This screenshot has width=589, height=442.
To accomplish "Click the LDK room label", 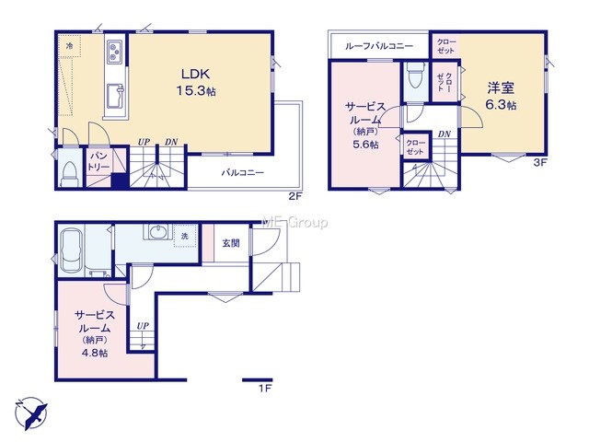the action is point(195,74).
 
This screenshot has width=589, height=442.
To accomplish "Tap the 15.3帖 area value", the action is point(196,91).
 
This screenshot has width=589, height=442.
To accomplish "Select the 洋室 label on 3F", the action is point(501,87).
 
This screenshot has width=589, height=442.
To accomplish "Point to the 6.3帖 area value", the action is point(501,104).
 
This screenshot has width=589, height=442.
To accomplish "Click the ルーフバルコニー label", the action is point(378,46).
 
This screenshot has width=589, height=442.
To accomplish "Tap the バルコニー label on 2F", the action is point(242,173).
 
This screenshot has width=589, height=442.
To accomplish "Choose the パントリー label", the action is point(98,162).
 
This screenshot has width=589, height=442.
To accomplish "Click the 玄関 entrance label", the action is point(231,243).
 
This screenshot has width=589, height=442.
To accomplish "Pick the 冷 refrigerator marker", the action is point(70,46).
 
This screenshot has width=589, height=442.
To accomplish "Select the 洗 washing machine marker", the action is point(184,237).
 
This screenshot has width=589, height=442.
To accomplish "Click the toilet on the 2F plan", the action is point(70,173).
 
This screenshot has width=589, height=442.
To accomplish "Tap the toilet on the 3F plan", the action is point(415,76).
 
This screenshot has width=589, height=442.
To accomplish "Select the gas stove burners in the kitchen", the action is point(114,52).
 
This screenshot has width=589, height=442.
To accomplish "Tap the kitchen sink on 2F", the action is point(116,95).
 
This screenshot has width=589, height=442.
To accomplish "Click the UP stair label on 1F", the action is point(143,326).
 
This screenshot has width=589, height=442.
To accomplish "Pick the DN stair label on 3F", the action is point(444,134).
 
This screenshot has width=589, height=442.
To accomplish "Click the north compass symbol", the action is point(31,413).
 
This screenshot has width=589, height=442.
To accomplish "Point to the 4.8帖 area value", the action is point(95,353).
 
